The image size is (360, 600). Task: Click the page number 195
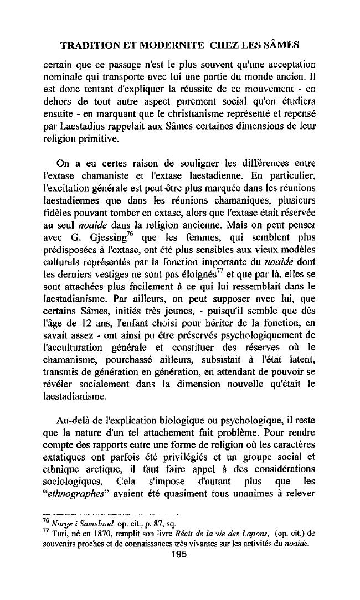click(x=180, y=555)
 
